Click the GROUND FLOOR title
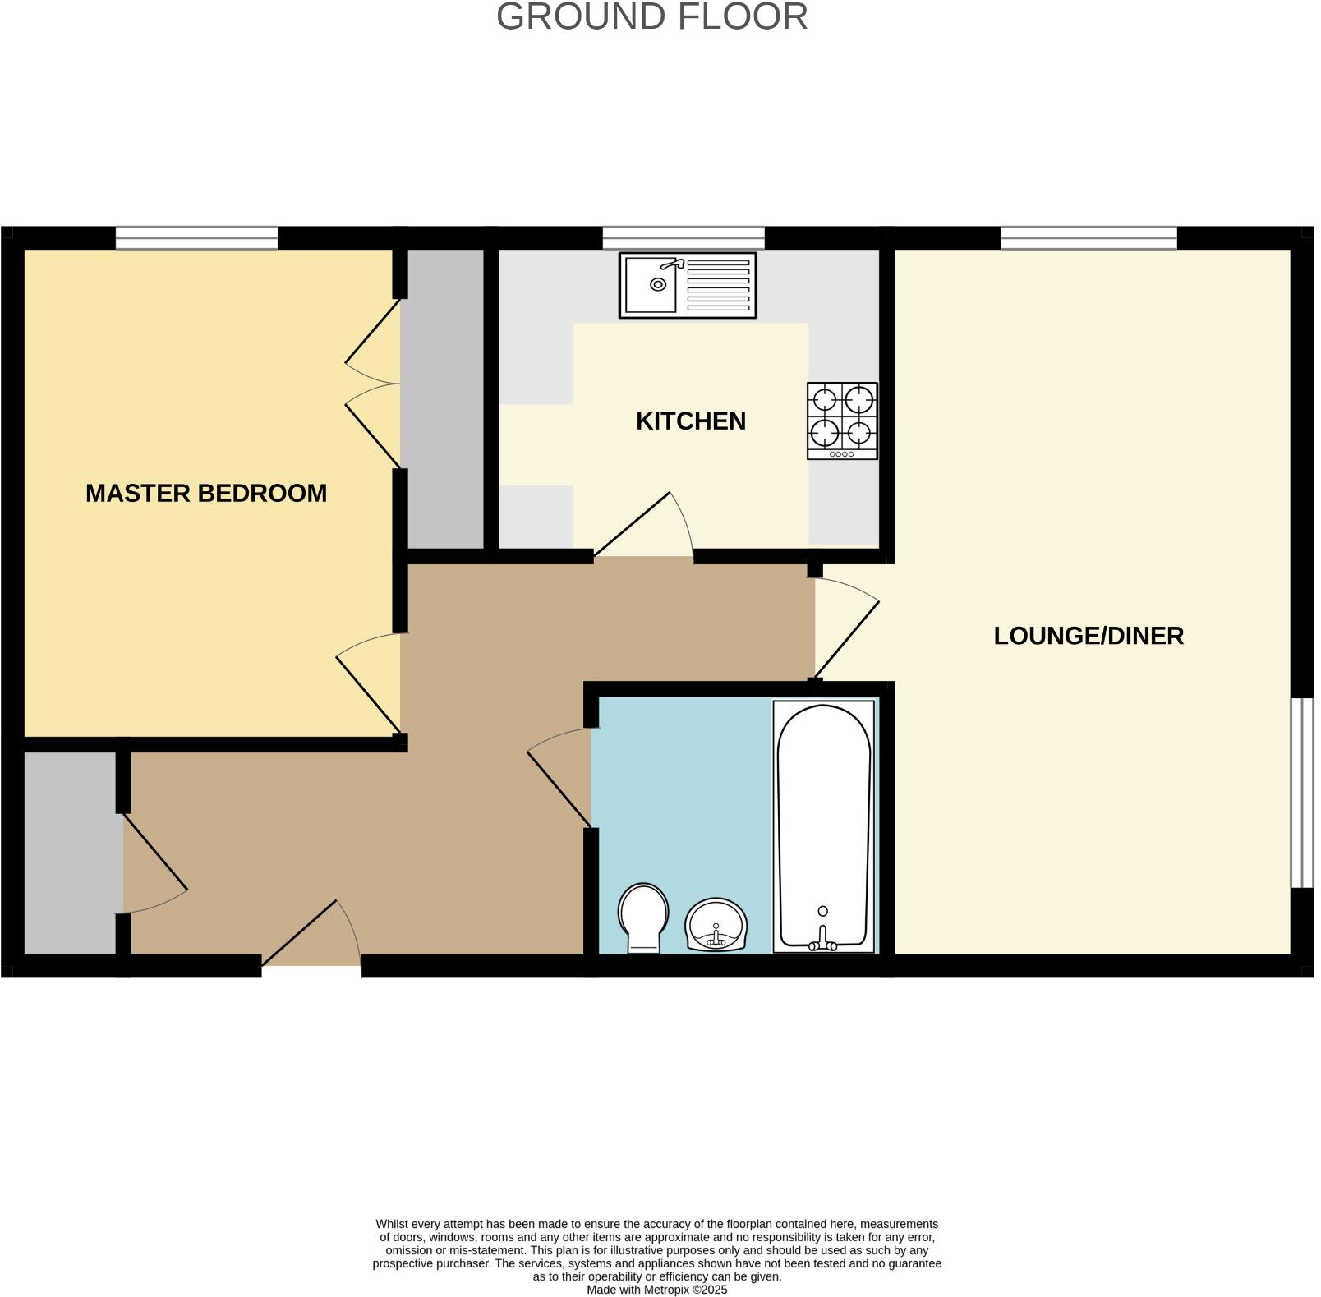pyautogui.click(x=651, y=17)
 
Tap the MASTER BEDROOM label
pyautogui.click(x=206, y=493)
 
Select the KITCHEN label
pyautogui.click(x=690, y=421)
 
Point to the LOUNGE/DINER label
pyautogui.click(x=1088, y=636)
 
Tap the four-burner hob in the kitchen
pyautogui.click(x=842, y=421)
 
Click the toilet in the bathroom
pyautogui.click(x=643, y=916)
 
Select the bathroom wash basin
pyautogui.click(x=716, y=924)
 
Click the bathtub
pyautogui.click(x=823, y=821)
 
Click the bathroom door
pyautogui.click(x=559, y=780)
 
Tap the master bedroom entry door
pyautogui.click(x=370, y=686)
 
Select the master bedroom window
pyautogui.click(x=196, y=238)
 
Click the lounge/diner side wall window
pyautogui.click(x=1301, y=793)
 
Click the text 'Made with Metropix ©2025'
pyautogui.click(x=656, y=1290)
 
